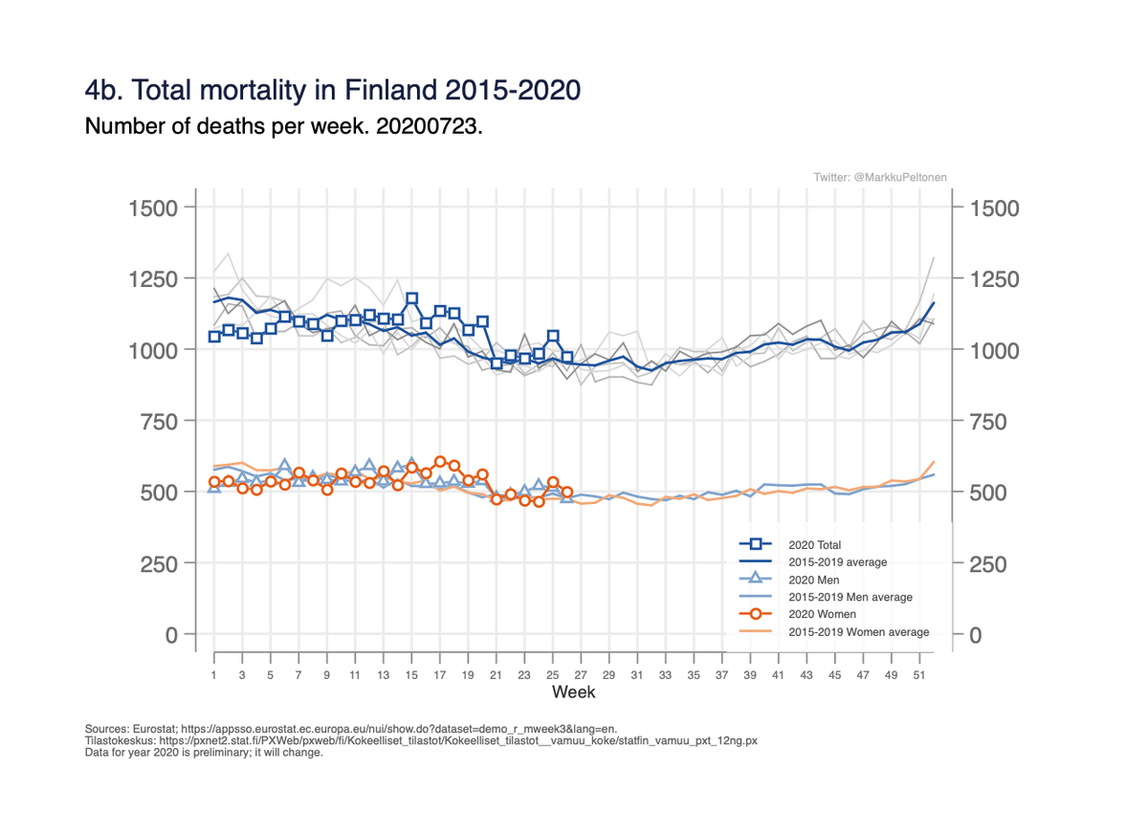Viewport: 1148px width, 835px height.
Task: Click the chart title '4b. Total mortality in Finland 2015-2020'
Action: pos(333,91)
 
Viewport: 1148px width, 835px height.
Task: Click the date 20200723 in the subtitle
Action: pos(435,126)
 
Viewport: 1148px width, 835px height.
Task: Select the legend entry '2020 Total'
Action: pos(808,544)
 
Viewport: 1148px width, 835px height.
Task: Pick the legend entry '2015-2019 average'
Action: pos(837,561)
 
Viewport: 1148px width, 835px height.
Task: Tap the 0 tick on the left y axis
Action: pos(171,635)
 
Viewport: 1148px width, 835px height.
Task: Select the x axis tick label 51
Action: pos(919,674)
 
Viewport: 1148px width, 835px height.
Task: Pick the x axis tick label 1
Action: pos(214,674)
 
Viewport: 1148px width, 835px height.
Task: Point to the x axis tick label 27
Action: pos(581,674)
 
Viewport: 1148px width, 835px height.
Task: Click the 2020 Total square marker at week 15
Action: pos(412,298)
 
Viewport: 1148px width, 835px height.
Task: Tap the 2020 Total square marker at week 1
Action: pos(214,336)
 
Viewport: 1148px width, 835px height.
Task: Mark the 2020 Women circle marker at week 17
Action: pos(440,462)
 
